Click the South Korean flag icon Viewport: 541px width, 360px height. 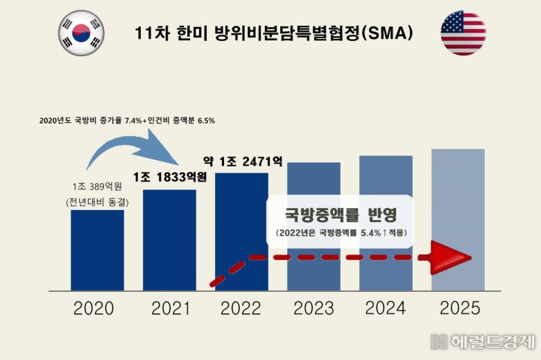[81, 33]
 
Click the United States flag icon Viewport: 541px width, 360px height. [463, 33]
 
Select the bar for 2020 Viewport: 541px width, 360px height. [97, 250]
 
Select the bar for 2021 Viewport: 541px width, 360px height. [169, 239]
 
